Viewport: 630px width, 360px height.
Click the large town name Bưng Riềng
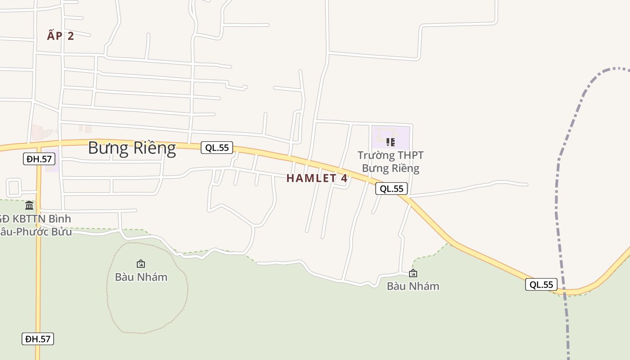pos(132,148)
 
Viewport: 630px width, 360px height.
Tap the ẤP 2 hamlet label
pos(60,36)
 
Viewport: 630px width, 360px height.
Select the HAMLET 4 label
pos(317,178)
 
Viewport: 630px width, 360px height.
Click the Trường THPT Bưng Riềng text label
pos(391,162)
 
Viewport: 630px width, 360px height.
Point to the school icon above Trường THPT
pos(391,142)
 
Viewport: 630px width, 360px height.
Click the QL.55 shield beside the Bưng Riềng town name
pos(217,148)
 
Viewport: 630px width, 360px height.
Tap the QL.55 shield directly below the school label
pos(391,189)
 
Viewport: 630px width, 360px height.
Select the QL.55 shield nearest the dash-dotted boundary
pos(541,284)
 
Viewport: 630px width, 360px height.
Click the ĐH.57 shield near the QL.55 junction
pos(39,159)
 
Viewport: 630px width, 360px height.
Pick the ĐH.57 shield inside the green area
pos(38,339)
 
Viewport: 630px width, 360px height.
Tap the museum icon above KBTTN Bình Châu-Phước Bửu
pos(29,206)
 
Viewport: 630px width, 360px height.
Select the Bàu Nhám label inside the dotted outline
pos(141,277)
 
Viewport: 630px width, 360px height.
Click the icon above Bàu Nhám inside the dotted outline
pos(141,264)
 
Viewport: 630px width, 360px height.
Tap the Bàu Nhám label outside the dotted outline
pos(413,286)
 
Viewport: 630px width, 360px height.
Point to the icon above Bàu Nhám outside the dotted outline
pos(413,273)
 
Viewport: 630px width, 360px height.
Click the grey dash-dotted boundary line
pos(558,189)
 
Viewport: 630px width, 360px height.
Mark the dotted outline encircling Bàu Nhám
pos(108,288)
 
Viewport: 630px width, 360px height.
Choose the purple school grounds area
pos(400,133)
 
